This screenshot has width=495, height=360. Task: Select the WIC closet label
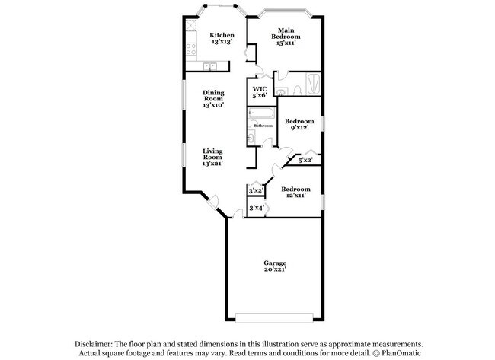coord(259,92)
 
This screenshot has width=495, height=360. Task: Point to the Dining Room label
coord(212,99)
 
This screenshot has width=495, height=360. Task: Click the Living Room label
coord(212,157)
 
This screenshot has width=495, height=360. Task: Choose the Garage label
coord(275,266)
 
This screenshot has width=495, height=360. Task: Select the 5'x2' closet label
coord(305,161)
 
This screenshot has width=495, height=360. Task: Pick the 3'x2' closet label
coord(256,190)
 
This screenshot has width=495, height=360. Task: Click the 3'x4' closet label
coord(256,208)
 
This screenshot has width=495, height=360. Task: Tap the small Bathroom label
coord(263,126)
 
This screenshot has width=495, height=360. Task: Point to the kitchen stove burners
coord(189,50)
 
